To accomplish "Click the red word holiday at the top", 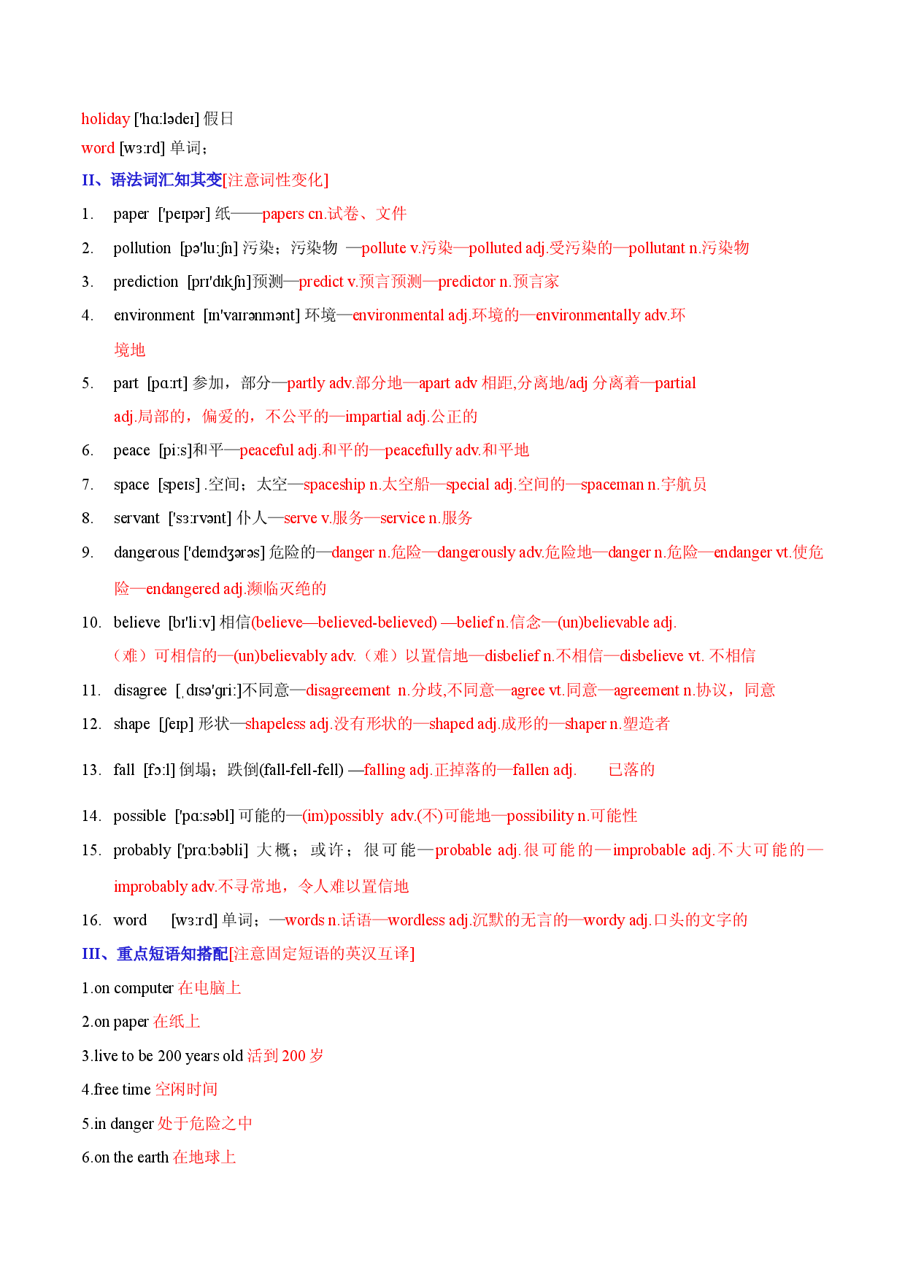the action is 105,119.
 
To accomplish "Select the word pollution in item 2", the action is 142,248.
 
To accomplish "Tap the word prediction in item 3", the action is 145,282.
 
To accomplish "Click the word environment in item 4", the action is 154,315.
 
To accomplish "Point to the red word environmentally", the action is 588,315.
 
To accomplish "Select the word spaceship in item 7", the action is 334,485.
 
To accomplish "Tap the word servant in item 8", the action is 136,518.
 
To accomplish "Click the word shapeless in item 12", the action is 275,724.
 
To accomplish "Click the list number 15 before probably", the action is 90,850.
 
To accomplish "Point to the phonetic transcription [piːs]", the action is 175,450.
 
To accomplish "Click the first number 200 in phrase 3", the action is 169,1056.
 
